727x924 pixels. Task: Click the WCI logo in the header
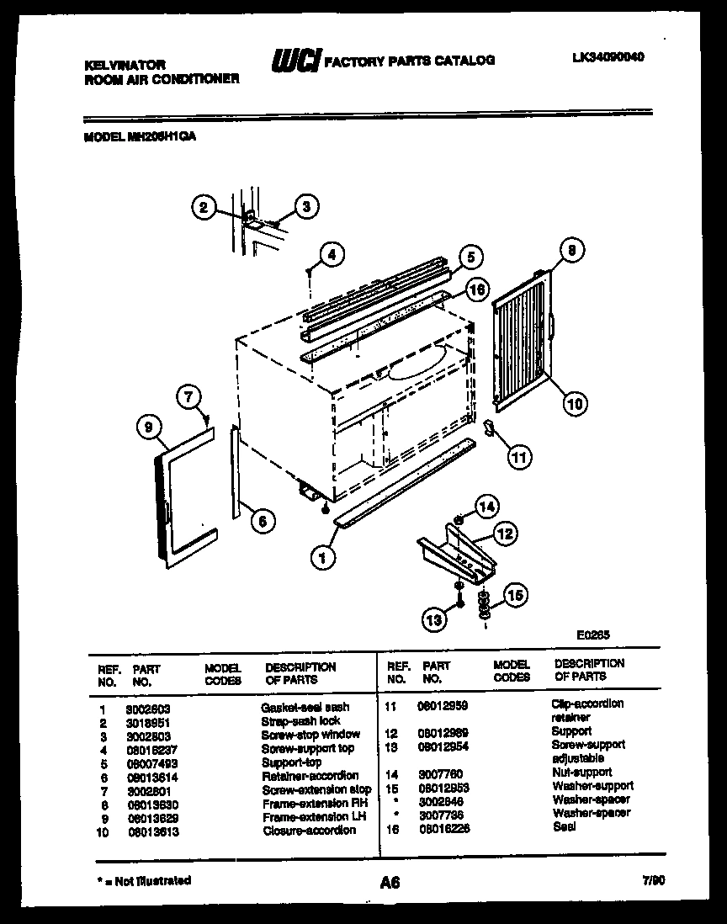(x=294, y=60)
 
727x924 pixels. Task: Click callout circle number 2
(x=204, y=206)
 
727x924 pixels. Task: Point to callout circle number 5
(x=470, y=257)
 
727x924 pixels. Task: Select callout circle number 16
(x=476, y=289)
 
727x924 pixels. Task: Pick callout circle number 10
(x=574, y=403)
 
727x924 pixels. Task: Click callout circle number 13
(x=434, y=621)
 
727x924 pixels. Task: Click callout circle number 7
(x=189, y=396)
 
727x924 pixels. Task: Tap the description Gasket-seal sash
(x=305, y=707)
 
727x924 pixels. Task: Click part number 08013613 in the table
(x=152, y=831)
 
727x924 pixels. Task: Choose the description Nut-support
(x=581, y=772)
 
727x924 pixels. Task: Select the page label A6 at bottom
(x=389, y=882)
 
